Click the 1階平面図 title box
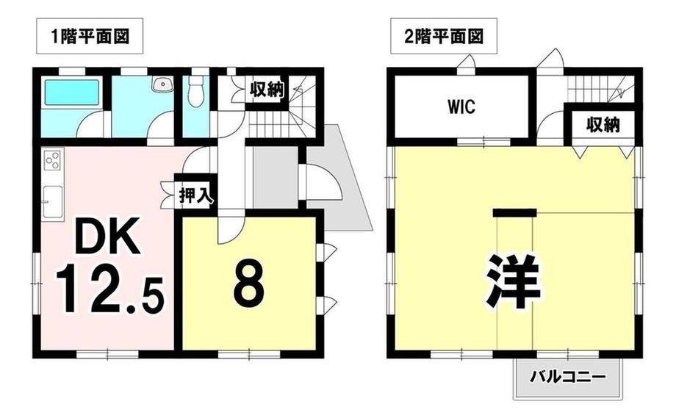click(x=90, y=36)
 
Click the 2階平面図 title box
click(x=444, y=36)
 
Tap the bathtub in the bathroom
click(x=72, y=93)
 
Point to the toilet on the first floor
click(x=196, y=92)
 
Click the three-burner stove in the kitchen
click(x=53, y=160)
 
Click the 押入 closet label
click(x=195, y=196)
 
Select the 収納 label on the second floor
click(x=603, y=125)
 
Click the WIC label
click(x=461, y=107)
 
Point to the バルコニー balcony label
click(x=568, y=378)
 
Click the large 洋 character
click(x=514, y=281)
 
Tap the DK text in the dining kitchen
click(x=107, y=236)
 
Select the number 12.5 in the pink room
click(x=109, y=290)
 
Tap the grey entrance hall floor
click(x=275, y=177)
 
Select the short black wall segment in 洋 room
click(x=515, y=212)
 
